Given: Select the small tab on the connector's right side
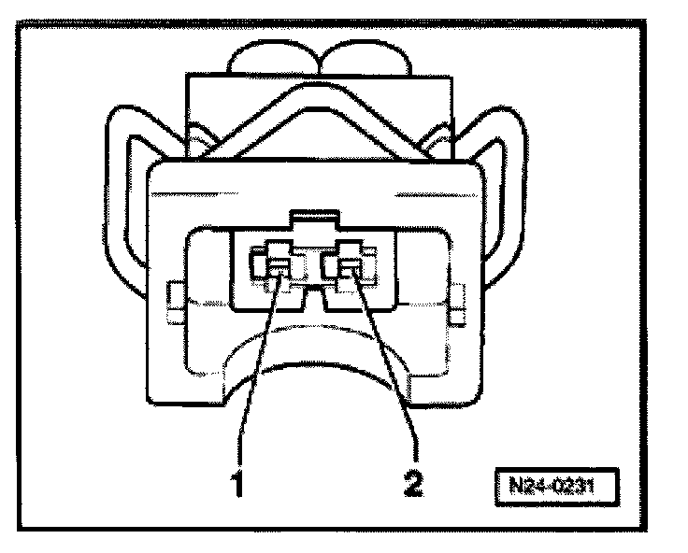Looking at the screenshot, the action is [x=457, y=301].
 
